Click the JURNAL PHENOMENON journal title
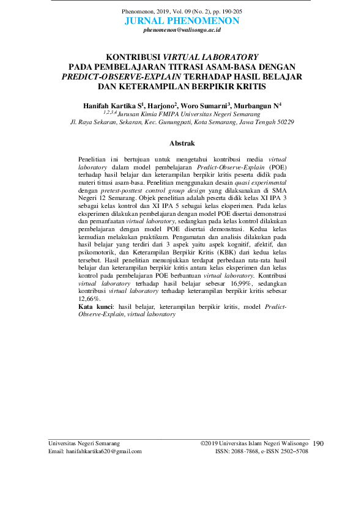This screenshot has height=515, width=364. tap(182, 21)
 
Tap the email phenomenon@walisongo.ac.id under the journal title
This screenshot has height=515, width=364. tap(182, 30)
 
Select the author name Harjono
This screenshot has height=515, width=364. tap(161, 106)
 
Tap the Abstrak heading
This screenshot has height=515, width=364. tap(182, 143)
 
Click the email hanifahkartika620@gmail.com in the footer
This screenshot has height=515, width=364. tap(95, 451)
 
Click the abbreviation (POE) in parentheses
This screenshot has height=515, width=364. tap(277, 166)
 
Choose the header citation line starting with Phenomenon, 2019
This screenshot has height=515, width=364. tap(182, 12)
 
